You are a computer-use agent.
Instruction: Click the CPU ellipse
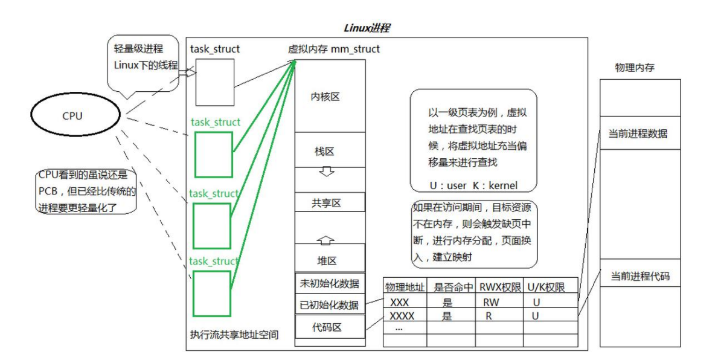(72, 115)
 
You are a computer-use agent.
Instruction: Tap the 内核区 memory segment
(330, 96)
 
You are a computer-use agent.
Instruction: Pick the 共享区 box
(330, 203)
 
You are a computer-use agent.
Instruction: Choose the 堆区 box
(330, 260)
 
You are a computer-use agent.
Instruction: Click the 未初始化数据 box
(330, 283)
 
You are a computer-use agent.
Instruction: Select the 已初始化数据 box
(330, 304)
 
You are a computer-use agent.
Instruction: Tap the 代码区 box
(330, 327)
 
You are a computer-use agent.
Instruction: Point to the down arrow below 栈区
(327, 172)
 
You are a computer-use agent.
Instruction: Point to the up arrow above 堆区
(327, 240)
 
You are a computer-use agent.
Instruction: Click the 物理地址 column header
(405, 288)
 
